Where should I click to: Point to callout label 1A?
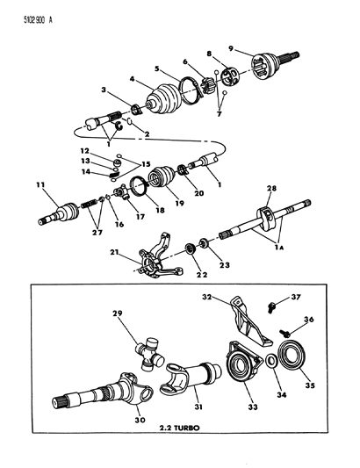(x=281, y=249)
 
